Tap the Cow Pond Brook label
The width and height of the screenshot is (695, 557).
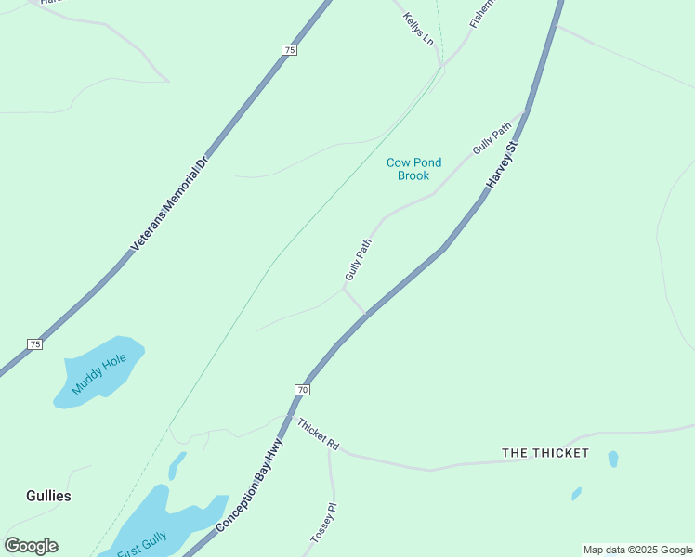[413, 169]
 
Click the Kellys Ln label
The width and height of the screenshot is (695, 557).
[418, 30]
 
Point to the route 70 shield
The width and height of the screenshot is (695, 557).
[302, 389]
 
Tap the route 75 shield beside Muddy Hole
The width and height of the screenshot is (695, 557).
[34, 344]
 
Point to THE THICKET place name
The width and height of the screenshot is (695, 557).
[545, 453]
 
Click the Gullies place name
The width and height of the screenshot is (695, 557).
[48, 496]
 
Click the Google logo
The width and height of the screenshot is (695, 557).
[31, 546]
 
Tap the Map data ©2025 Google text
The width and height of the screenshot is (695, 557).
[638, 550]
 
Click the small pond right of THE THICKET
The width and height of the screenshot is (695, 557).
[613, 459]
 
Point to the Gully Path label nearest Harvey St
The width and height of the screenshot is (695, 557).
[492, 138]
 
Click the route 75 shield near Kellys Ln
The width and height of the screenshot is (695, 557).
[290, 50]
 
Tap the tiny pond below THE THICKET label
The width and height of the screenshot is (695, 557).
[577, 494]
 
